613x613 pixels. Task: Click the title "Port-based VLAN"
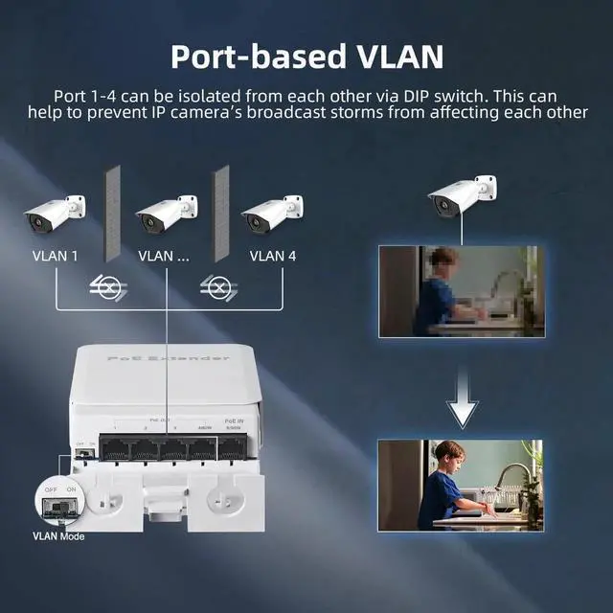(306, 55)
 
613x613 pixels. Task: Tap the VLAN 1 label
(55, 256)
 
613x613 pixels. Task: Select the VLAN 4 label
(273, 256)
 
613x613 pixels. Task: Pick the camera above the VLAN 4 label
(272, 215)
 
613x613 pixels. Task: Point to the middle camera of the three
(166, 215)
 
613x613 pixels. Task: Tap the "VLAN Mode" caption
(58, 536)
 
